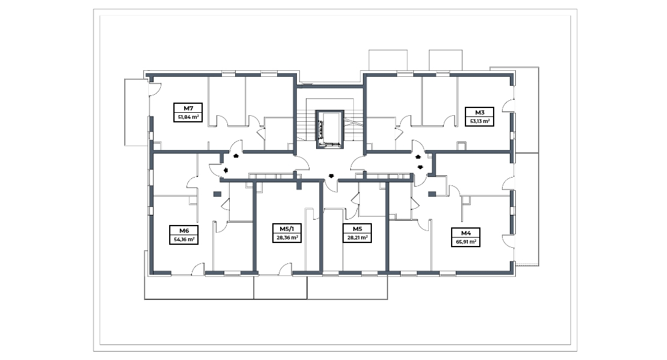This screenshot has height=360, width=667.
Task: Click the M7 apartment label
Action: coord(188,108)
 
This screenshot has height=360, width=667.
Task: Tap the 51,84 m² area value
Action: coord(188,117)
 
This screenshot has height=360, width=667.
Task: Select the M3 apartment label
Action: coord(479,112)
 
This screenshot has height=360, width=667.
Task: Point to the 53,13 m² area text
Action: coord(479,121)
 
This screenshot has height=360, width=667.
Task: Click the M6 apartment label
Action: coord(184,230)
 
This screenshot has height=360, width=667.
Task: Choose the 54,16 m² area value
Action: coord(184,239)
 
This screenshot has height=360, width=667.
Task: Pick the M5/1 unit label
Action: coord(287,229)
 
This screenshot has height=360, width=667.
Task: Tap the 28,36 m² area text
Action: coord(287,238)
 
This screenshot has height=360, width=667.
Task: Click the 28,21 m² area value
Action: coord(357,238)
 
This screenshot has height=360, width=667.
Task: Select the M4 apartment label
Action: coord(466,233)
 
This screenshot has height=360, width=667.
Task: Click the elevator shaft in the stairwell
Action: coord(330,130)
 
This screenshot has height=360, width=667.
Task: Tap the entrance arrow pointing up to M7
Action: coord(236,156)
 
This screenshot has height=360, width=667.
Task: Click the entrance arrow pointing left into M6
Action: coord(226,170)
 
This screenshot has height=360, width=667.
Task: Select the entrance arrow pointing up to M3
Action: coord(418,157)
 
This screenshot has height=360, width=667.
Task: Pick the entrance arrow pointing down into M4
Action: coord(420,167)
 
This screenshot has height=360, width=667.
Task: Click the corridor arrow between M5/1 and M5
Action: coord(331,176)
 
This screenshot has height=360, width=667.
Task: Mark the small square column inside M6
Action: coord(217,194)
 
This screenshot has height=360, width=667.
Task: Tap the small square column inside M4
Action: coord(432,194)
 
